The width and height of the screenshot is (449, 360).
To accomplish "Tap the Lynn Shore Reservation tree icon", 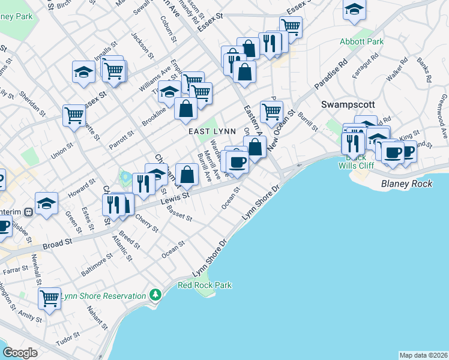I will (156, 295).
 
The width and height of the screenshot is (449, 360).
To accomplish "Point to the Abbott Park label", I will (361, 41).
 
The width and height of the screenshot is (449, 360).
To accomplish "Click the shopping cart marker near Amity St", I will (49, 298).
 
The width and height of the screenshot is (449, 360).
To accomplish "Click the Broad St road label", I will (57, 244).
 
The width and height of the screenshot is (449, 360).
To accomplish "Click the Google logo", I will (20, 353).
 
